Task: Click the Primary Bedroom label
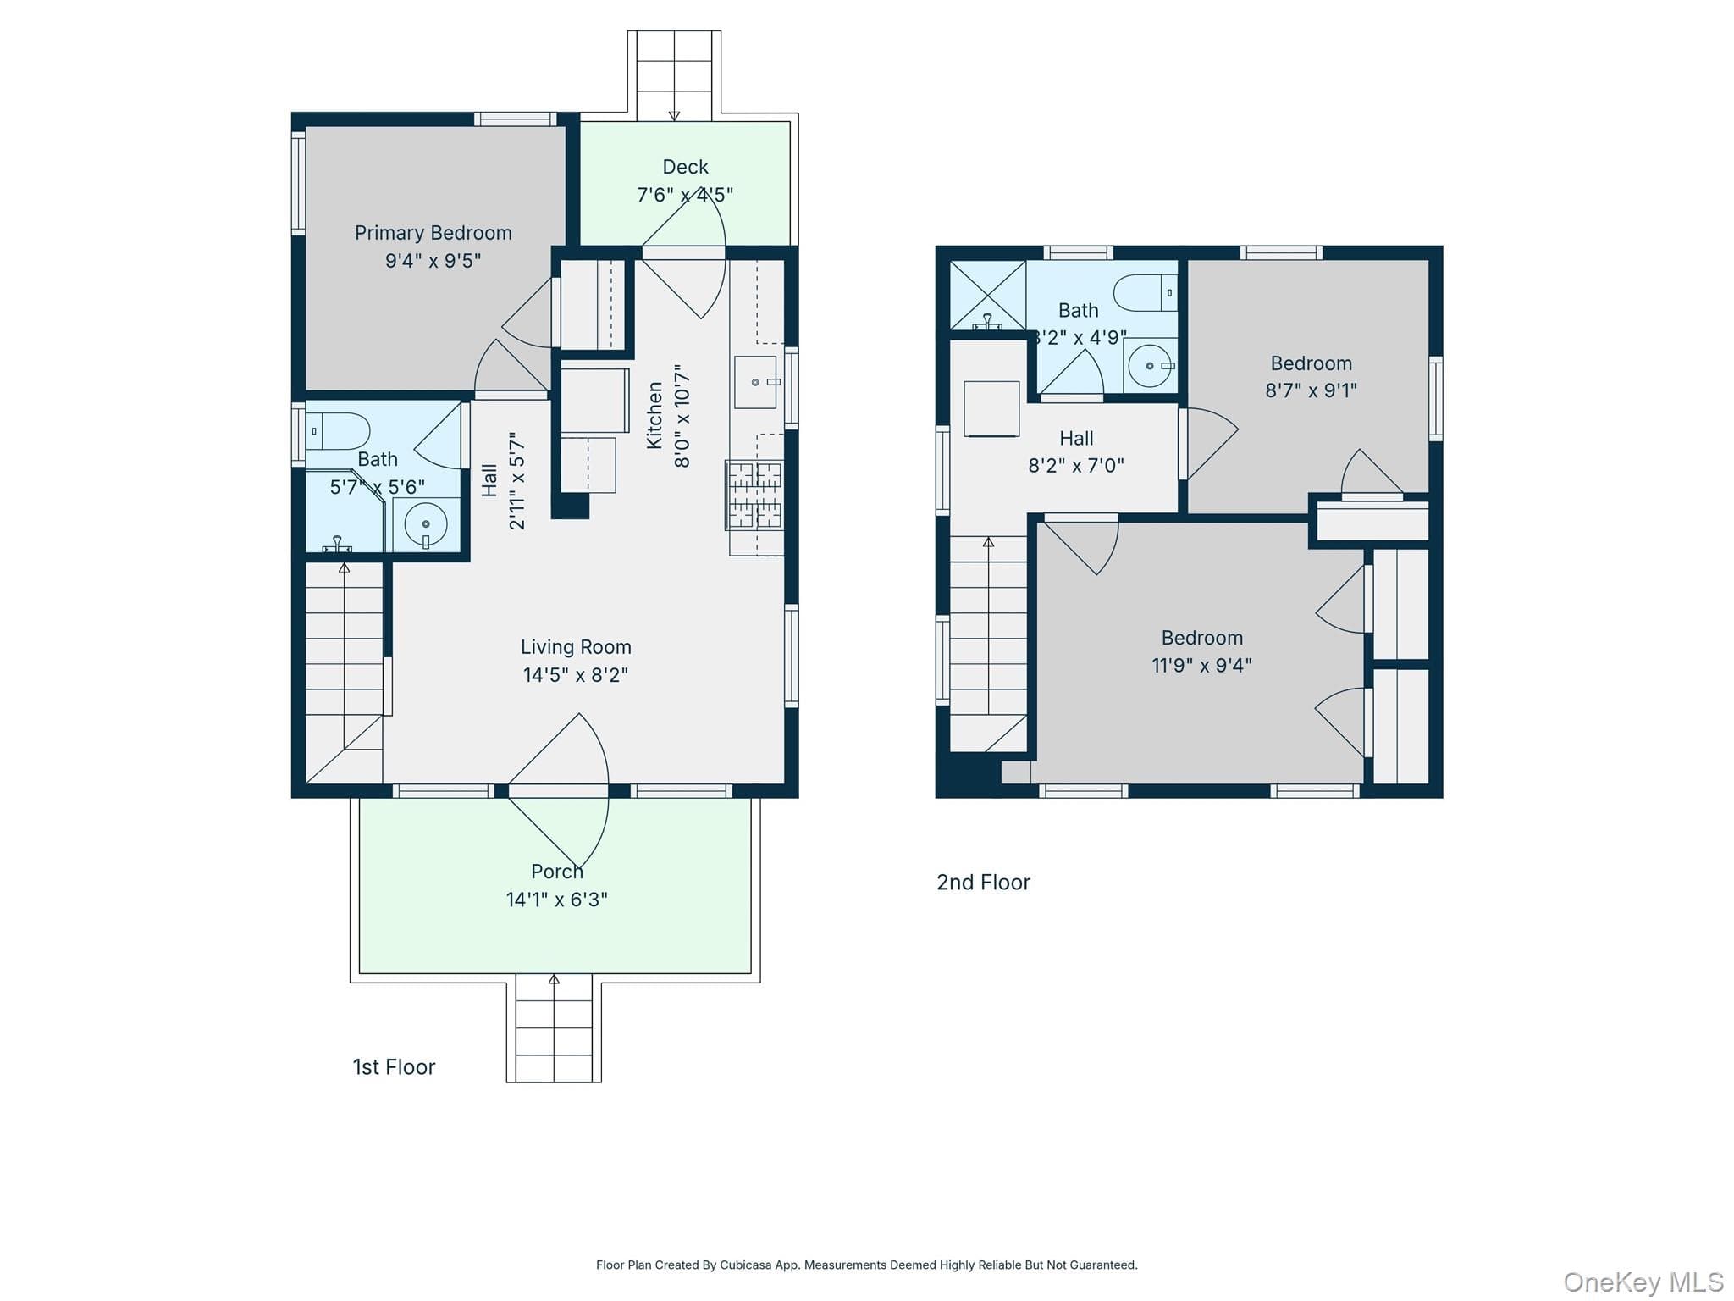click(433, 233)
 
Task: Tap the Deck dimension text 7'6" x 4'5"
click(685, 195)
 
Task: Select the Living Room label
click(576, 647)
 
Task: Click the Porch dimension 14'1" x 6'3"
click(557, 900)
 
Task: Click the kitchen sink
click(756, 382)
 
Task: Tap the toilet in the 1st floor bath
click(337, 431)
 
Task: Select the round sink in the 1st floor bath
click(426, 525)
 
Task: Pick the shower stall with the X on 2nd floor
click(987, 295)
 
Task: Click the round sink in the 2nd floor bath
click(1151, 366)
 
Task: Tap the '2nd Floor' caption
click(983, 883)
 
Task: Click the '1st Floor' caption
click(394, 1067)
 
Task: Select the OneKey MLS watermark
click(1643, 1282)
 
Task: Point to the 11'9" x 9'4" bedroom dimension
click(1201, 666)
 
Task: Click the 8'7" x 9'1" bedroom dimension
click(1311, 390)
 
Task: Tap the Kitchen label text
click(654, 415)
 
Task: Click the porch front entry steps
click(554, 1028)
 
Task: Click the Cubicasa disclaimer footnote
click(867, 1265)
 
